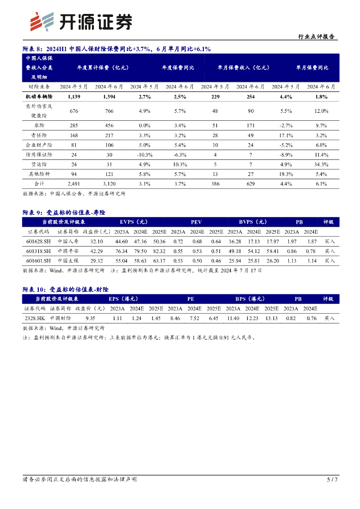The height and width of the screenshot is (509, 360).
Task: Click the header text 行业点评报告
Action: point(316,37)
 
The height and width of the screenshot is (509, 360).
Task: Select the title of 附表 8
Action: point(117,49)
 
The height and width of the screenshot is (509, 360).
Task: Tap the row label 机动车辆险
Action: point(39,96)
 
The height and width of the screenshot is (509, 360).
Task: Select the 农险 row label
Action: point(39,125)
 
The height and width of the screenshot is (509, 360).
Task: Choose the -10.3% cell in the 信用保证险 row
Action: point(144,155)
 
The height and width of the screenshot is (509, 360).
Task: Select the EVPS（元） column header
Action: point(134,222)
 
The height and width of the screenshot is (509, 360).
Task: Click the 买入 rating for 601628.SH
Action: point(330,241)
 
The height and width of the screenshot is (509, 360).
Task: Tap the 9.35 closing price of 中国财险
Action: point(90,318)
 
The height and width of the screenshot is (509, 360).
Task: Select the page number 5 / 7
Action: point(332,480)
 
